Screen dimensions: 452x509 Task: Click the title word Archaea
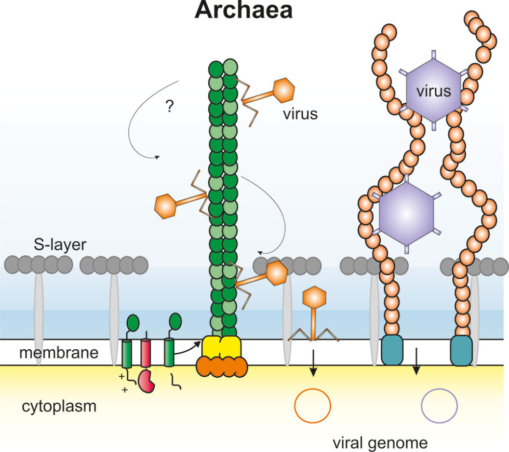[243, 10]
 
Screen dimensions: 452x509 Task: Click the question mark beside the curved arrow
[169, 106]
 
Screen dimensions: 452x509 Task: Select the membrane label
[59, 353]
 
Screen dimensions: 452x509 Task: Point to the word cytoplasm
[59, 406]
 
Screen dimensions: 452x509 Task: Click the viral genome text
[381, 443]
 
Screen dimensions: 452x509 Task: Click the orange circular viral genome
[313, 405]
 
